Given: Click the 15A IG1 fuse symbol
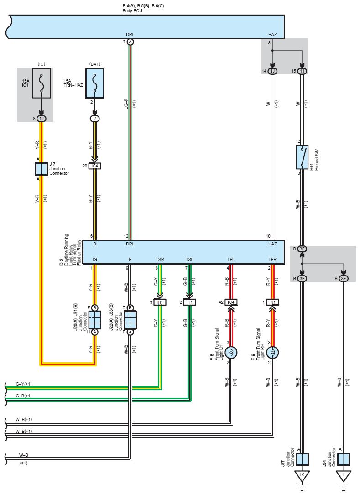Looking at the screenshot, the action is (x=42, y=83).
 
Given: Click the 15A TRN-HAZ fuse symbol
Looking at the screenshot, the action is (x=95, y=83).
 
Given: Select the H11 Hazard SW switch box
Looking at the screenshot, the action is (x=302, y=157).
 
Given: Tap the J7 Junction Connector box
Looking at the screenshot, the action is (x=41, y=169).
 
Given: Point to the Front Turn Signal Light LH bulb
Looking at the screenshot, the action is (x=231, y=353).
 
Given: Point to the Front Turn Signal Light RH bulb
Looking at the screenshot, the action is (x=272, y=353).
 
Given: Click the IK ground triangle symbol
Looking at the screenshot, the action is (x=302, y=476).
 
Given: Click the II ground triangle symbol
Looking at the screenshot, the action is (x=344, y=476).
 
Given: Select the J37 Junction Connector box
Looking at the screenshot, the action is (x=302, y=459).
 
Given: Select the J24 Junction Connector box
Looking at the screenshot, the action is (x=344, y=459).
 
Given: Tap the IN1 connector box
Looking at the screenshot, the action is (x=272, y=302).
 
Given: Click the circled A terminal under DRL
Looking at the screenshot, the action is (x=130, y=42).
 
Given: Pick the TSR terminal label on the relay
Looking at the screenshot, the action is (x=160, y=260).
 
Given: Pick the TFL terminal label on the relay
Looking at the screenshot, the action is (x=231, y=260).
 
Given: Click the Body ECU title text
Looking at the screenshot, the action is (x=132, y=11).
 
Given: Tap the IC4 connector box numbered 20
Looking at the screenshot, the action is (x=95, y=166).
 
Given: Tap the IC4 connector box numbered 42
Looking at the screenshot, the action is (x=231, y=302).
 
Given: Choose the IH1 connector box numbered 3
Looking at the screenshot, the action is (x=160, y=302).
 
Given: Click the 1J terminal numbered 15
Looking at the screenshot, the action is (x=302, y=71).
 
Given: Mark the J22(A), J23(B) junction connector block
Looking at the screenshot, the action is (x=130, y=320).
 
